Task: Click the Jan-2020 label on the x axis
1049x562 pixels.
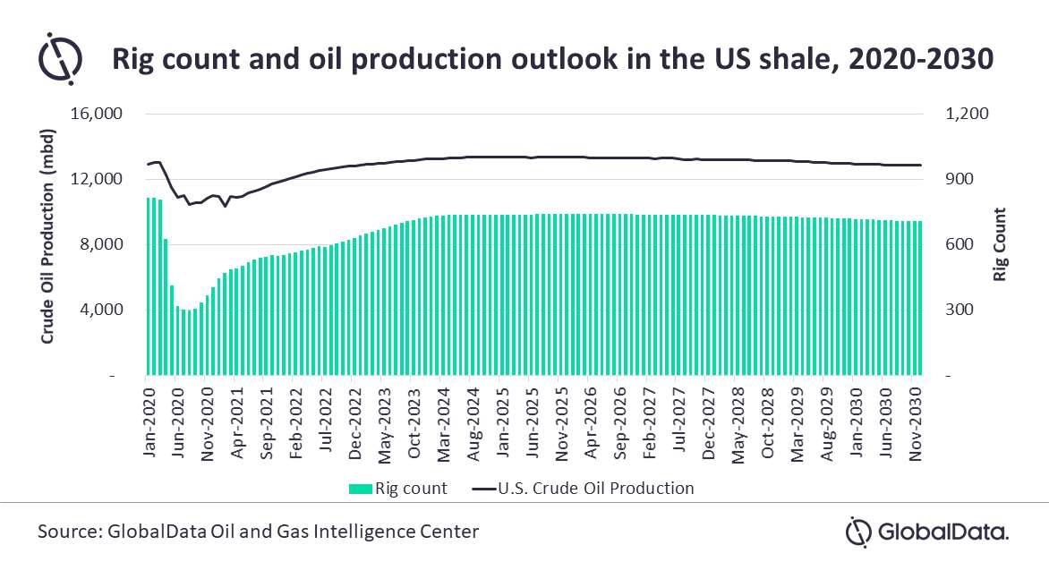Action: click(x=148, y=420)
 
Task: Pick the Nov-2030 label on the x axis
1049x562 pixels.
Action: click(x=914, y=420)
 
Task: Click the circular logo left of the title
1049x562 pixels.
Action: click(x=60, y=58)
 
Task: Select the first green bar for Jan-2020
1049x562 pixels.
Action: click(x=149, y=286)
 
